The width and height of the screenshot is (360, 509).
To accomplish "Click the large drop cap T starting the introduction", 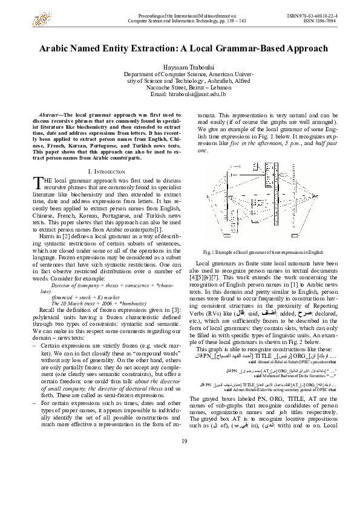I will [x=35, y=183].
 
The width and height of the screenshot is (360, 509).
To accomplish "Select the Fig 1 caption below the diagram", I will [x=256, y=251].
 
